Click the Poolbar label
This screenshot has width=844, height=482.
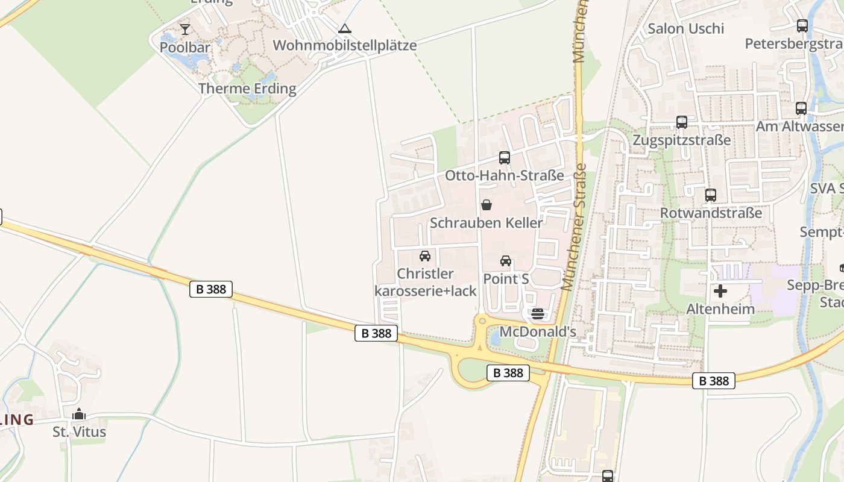(x=185, y=47)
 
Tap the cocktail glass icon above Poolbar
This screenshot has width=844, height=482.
(x=185, y=29)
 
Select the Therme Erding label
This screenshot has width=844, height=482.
(x=247, y=89)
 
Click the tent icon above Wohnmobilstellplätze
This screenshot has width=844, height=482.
(x=344, y=28)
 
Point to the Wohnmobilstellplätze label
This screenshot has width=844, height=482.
(x=344, y=45)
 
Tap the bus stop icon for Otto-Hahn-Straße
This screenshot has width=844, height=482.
(x=505, y=158)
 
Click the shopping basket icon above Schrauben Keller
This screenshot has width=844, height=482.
(x=487, y=205)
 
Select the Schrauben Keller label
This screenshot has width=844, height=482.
(x=486, y=222)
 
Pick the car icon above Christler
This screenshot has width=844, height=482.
(x=425, y=256)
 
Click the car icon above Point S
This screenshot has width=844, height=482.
(x=506, y=261)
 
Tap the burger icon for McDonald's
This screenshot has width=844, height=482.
(x=538, y=314)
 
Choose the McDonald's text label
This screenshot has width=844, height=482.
(x=538, y=331)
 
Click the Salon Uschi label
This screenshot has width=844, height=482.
(x=685, y=28)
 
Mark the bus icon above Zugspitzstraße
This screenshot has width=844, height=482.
(x=682, y=122)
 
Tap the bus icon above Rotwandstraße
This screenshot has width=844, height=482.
(x=711, y=195)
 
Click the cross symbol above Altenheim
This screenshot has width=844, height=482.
(x=720, y=292)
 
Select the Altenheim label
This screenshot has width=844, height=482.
(x=720, y=309)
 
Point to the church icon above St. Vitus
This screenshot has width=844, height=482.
(x=79, y=415)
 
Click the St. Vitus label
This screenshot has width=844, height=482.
(x=79, y=432)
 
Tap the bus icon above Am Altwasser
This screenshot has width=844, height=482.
(x=801, y=108)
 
